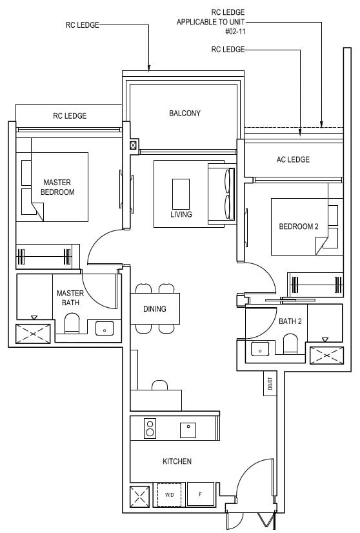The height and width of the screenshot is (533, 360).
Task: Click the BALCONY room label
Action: coord(185,114)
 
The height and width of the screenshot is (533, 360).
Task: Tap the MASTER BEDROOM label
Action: coord(57,187)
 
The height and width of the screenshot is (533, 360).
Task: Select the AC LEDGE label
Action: coord(293,159)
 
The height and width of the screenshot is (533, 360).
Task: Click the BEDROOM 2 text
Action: coord(298,226)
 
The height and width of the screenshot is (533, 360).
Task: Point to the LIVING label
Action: coord(181,214)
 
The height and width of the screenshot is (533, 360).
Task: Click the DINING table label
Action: coord(154,309)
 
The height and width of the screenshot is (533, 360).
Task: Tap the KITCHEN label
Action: coord(177,461)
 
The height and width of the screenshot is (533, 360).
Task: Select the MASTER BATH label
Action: coord(70,297)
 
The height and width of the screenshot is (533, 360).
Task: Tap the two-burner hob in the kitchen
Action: coord(150,428)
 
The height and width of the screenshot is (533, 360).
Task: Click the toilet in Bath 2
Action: coord(290,345)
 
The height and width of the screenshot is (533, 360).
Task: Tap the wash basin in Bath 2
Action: coord(259,348)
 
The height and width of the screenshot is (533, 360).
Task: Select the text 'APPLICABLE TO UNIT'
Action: coord(211,21)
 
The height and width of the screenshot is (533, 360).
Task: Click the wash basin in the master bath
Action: coord(104,328)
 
